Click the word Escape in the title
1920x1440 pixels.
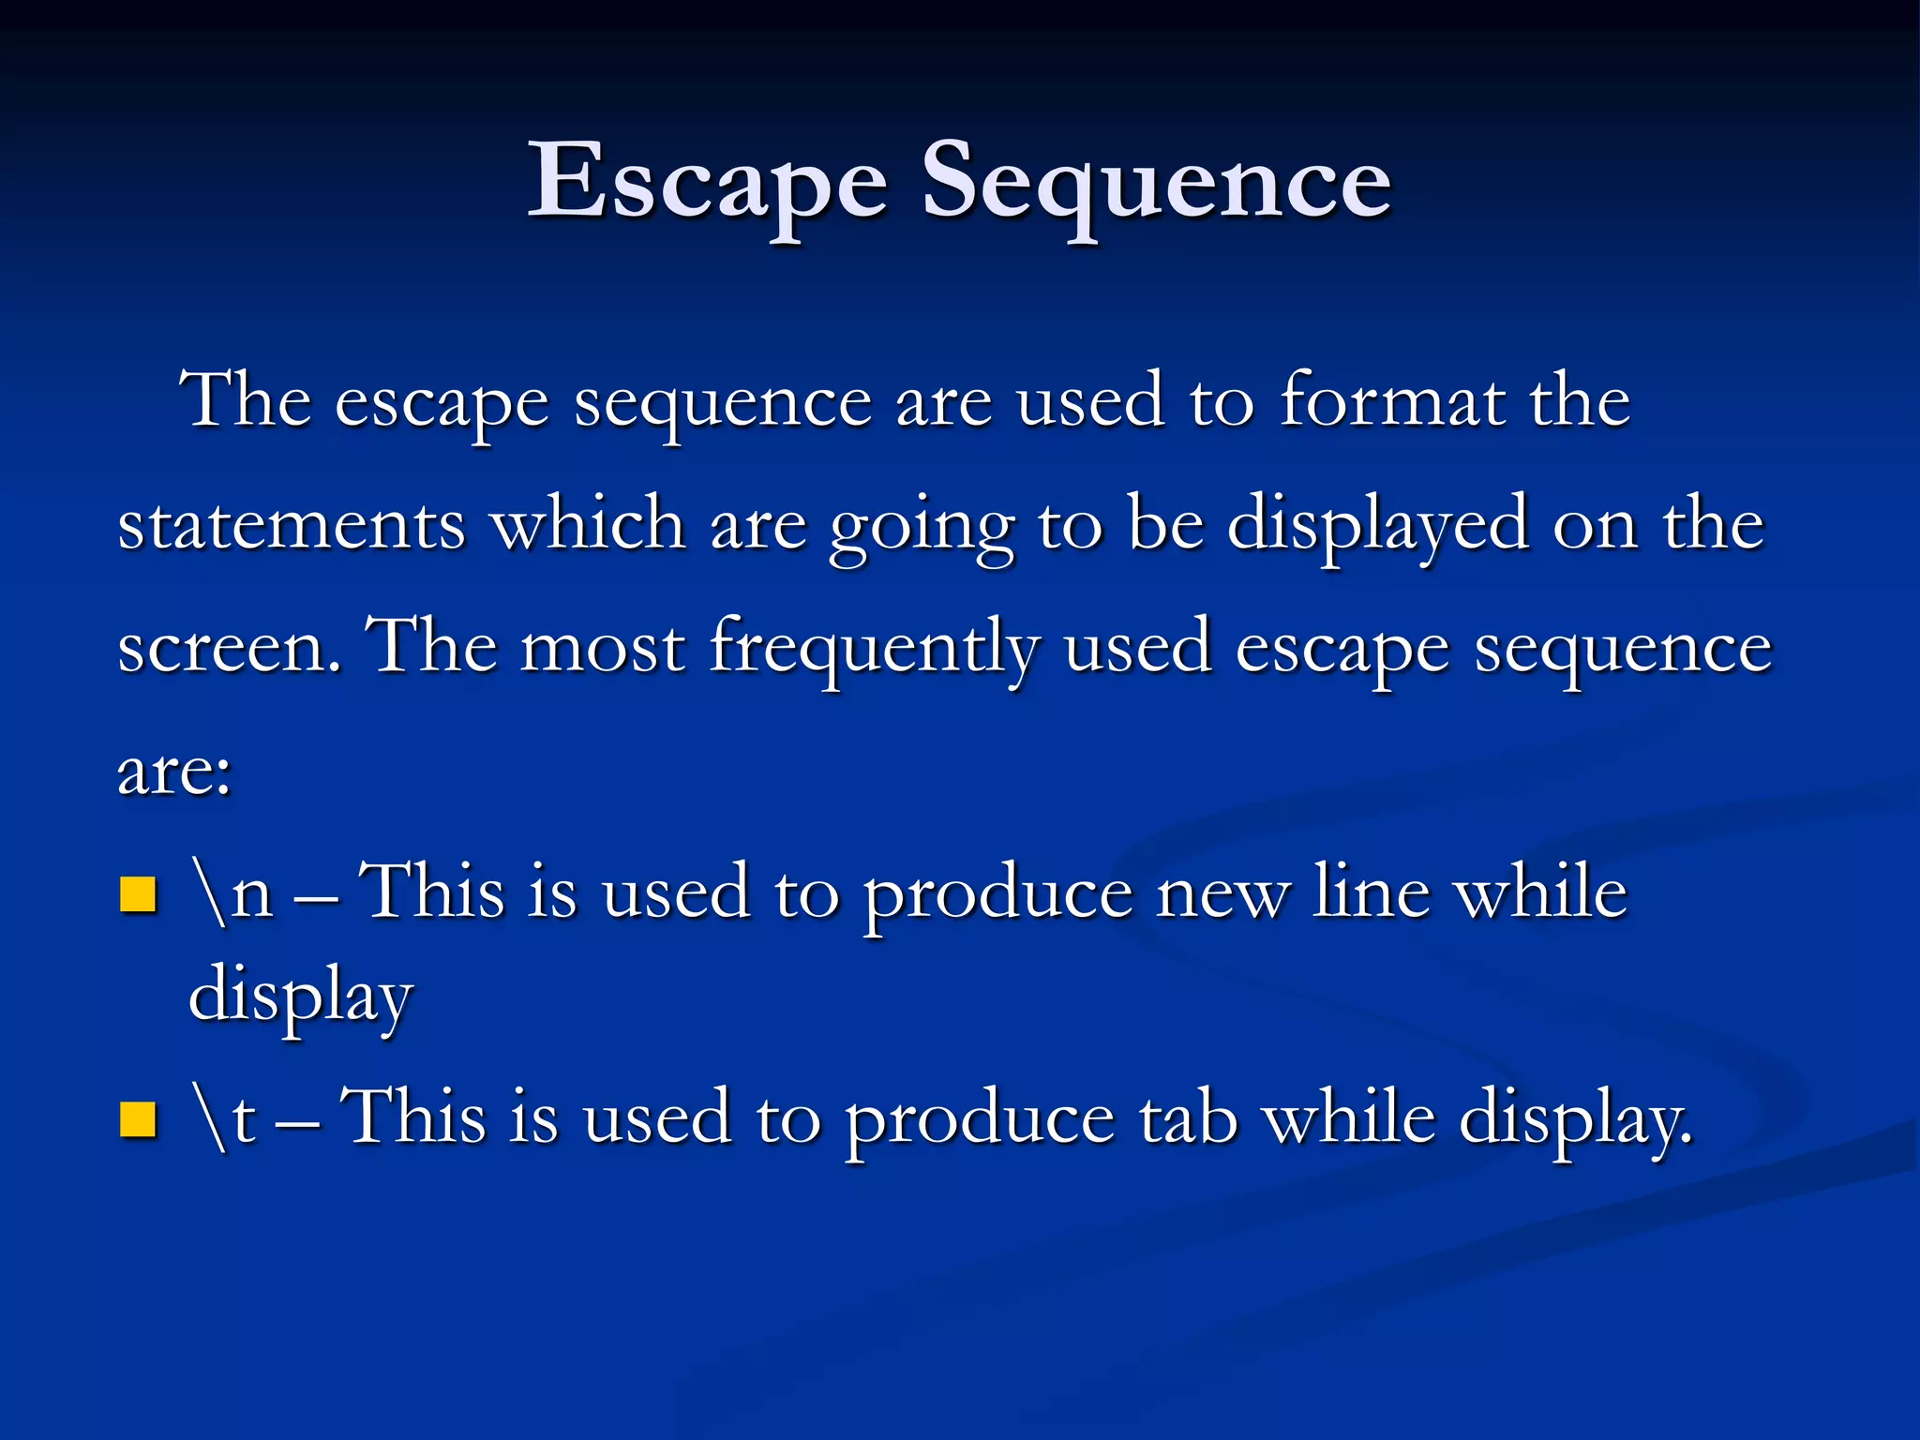[708, 183]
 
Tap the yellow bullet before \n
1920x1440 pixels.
[138, 894]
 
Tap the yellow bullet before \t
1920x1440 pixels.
[138, 1119]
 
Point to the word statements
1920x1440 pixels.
[292, 525]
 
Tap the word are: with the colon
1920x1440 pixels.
[174, 772]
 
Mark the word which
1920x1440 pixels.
[589, 525]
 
